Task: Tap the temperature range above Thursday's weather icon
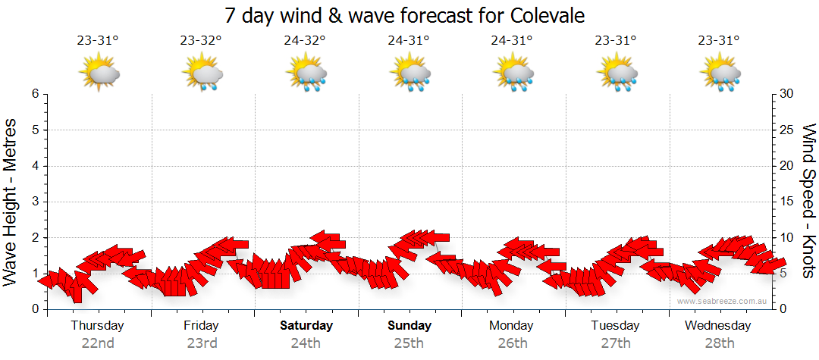97,41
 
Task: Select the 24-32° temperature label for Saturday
305,41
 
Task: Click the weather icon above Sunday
409,74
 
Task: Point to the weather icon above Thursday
99,74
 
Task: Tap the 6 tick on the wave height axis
35,94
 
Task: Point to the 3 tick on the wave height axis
35,202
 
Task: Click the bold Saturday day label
306,326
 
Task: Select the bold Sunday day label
409,326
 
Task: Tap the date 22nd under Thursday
98,343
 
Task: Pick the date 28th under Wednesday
718,343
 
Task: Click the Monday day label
512,326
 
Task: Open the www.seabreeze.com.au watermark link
723,302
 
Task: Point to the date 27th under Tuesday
616,343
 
